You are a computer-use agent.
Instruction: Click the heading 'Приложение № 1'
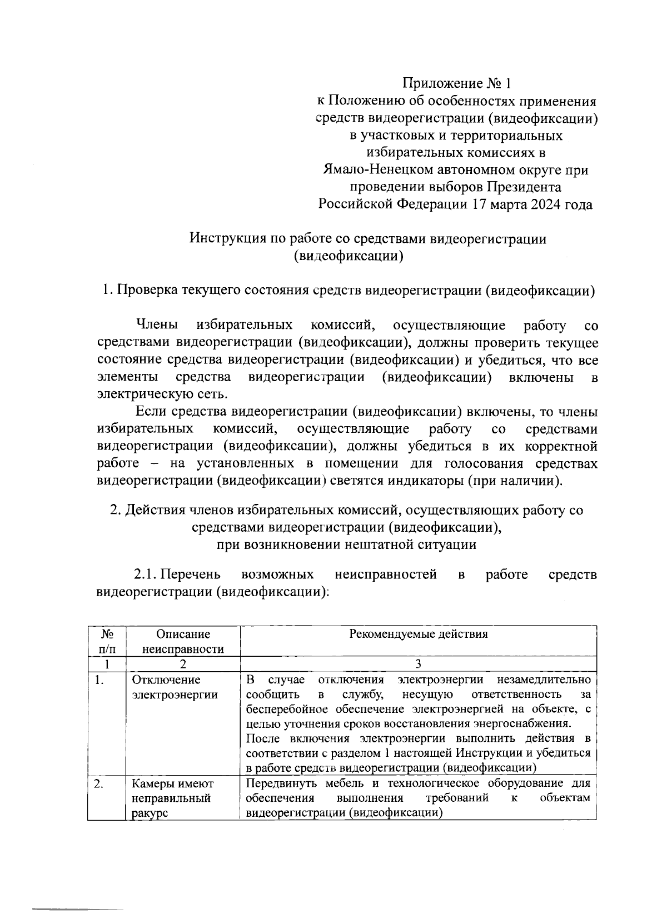pos(456,84)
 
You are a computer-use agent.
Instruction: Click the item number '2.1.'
pos(146,574)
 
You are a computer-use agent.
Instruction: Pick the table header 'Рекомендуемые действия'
pos(418,634)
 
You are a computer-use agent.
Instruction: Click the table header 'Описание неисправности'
pos(183,641)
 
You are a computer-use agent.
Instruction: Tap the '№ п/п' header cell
pos(107,641)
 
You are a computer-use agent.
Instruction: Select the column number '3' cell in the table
pos(418,664)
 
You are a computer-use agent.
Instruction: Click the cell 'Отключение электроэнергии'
pos(175,687)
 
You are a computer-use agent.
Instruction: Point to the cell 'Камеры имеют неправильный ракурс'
pos(172,798)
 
